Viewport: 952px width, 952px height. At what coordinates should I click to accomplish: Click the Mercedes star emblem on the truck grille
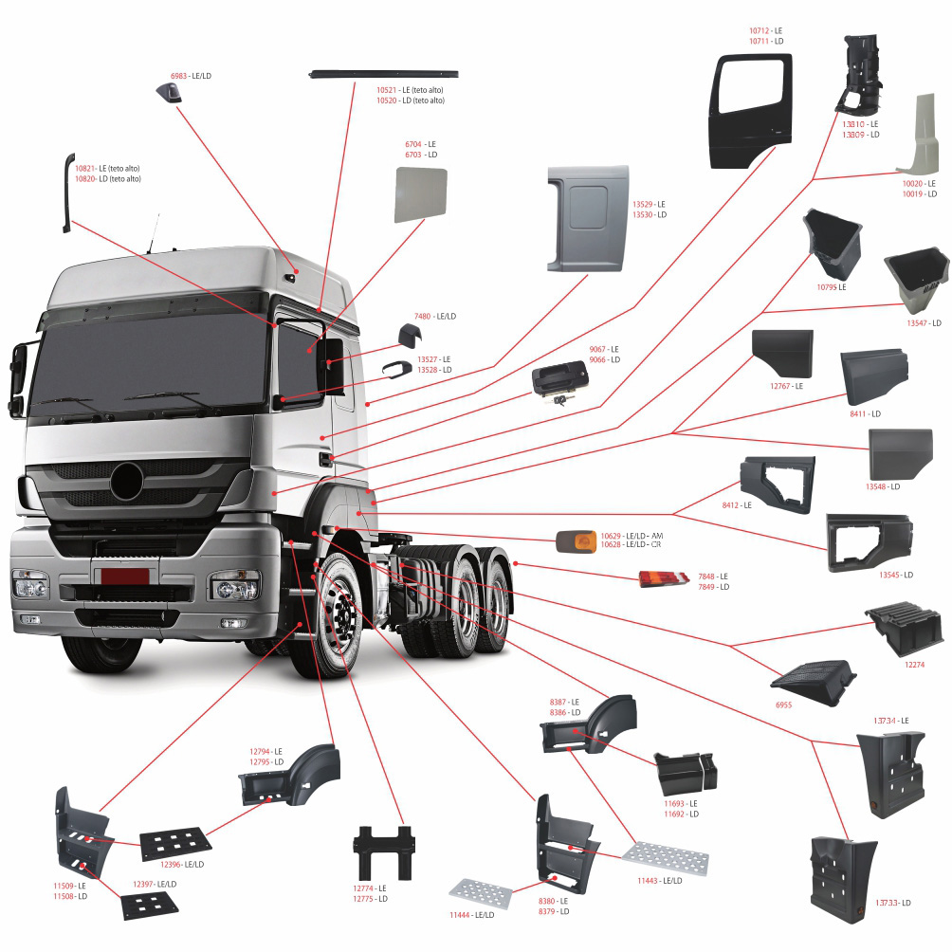tap(126, 481)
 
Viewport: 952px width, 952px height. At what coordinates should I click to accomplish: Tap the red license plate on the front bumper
tap(125, 577)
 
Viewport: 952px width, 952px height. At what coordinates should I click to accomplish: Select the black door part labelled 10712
tap(752, 110)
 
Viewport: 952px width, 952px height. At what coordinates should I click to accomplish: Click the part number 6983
tap(179, 75)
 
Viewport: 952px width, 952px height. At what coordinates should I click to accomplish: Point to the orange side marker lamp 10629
tap(574, 542)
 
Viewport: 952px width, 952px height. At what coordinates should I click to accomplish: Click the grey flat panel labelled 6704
tap(421, 192)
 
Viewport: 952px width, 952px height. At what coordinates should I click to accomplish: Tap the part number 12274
tap(914, 665)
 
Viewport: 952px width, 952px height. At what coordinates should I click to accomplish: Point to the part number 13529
tap(642, 204)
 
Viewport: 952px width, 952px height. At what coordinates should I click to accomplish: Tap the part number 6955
tap(782, 705)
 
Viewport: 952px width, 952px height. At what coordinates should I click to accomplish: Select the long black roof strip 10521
tap(384, 74)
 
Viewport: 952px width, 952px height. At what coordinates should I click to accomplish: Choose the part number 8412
tap(730, 505)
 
